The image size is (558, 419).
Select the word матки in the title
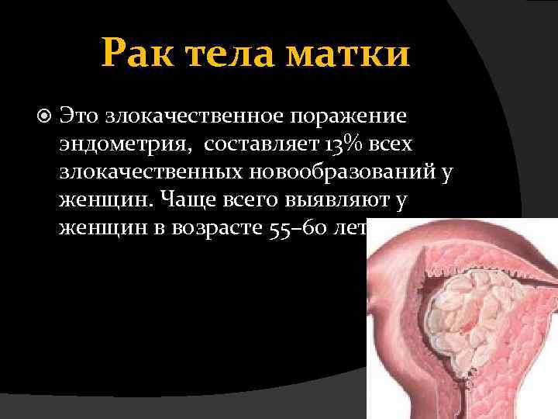point(350,56)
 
